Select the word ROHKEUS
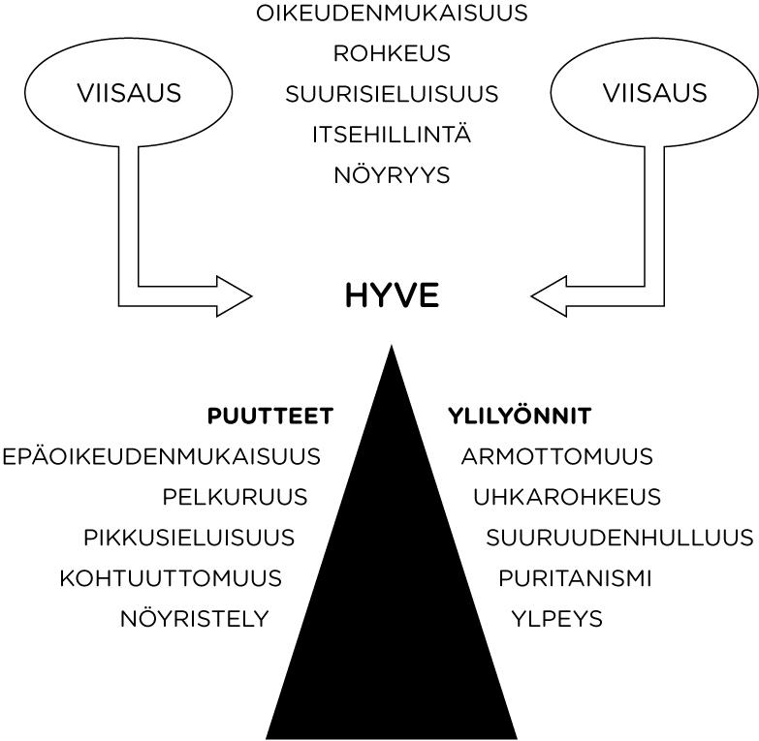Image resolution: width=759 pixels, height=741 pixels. [x=392, y=54]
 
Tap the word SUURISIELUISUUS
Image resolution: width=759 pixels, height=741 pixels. [x=392, y=95]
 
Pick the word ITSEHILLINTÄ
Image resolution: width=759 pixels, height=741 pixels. [x=392, y=135]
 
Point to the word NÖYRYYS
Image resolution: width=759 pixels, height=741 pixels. [x=392, y=176]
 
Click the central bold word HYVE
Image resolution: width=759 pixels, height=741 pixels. [x=392, y=295]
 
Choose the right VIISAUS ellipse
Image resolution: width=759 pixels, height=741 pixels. [x=655, y=94]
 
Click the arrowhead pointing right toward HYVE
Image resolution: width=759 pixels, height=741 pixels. [x=233, y=295]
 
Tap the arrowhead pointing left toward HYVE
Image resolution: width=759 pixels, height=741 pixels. [x=551, y=295]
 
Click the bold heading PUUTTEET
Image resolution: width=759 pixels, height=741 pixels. [x=270, y=417]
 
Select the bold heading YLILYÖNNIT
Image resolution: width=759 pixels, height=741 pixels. [x=520, y=417]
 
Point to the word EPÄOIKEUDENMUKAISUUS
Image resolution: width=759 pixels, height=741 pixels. [x=162, y=456]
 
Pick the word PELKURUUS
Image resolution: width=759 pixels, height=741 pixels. [x=236, y=498]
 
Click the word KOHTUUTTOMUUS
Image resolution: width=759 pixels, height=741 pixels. [x=171, y=579]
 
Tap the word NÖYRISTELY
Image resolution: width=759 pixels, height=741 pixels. [x=194, y=619]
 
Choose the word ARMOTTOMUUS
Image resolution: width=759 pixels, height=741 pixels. [x=557, y=456]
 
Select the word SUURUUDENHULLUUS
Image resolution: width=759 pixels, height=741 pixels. [x=619, y=538]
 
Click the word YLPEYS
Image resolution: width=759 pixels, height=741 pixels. [x=556, y=619]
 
